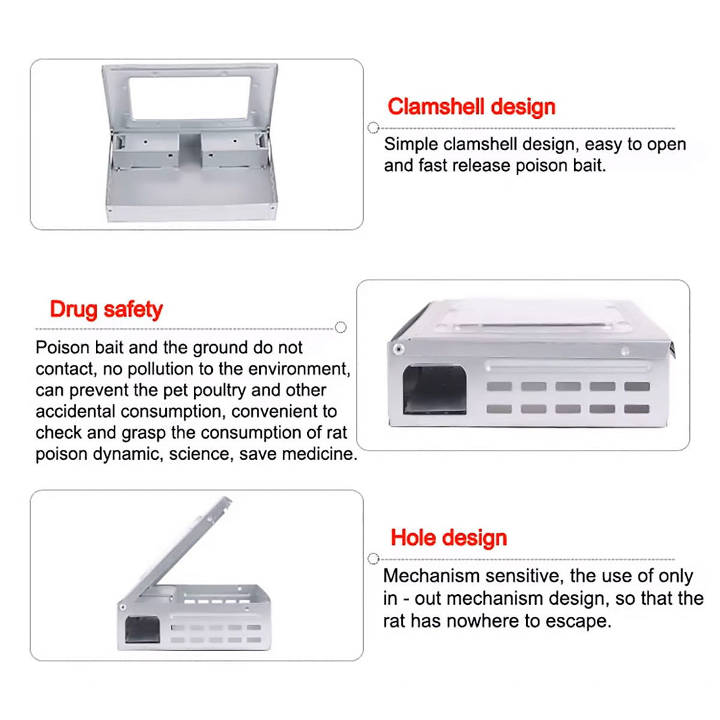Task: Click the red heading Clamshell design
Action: click(471, 107)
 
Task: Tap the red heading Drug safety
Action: click(106, 310)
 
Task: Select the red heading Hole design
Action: click(448, 538)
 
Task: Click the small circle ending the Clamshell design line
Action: click(373, 128)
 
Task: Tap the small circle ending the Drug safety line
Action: click(341, 328)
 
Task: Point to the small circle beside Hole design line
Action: click(373, 559)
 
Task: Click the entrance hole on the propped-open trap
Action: click(142, 630)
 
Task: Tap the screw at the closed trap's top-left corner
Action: click(398, 349)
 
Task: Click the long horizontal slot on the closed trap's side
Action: click(567, 365)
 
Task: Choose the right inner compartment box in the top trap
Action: click(232, 150)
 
